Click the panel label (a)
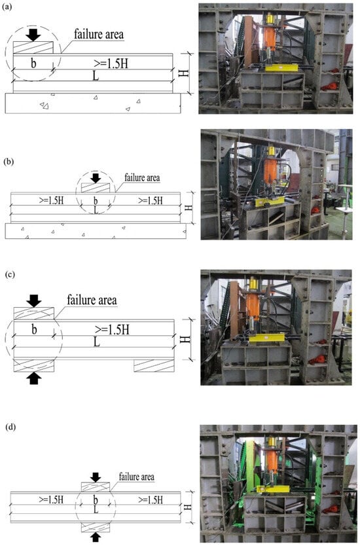7,8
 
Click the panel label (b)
8,162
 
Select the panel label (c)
10,274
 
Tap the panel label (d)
10,428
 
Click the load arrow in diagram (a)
33,35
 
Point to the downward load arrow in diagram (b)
96,177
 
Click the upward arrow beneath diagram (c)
33,378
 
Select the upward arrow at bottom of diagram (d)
96,537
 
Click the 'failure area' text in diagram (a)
99,34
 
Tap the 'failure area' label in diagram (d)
137,477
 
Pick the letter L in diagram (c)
97,342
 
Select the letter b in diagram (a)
33,63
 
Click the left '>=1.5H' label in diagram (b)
51,200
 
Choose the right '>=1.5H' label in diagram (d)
151,500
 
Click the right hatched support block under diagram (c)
154,365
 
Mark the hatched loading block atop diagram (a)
33,47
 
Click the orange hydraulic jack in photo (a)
269,37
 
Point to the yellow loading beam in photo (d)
274,489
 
